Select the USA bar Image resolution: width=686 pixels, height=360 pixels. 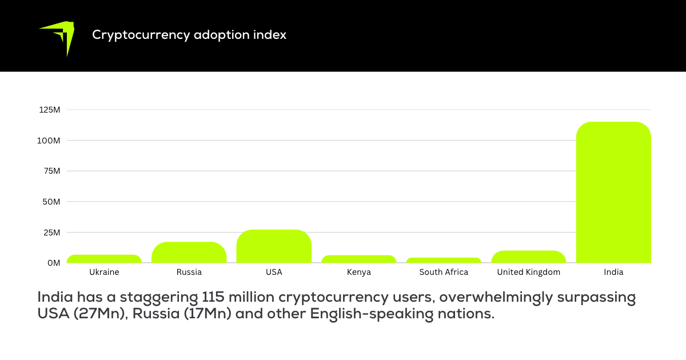point(274,246)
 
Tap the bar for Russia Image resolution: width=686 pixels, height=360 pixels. point(189,253)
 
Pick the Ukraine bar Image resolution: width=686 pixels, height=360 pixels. point(104,259)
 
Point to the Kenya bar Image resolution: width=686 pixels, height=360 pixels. point(358,259)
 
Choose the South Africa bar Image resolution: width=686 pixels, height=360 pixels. point(444,260)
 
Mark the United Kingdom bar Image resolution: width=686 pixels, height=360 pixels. point(528,257)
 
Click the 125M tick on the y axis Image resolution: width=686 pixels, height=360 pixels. point(50,110)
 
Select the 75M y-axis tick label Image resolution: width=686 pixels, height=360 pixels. point(51,171)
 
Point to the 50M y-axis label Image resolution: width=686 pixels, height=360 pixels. point(51,202)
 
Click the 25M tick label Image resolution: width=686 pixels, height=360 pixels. point(51,233)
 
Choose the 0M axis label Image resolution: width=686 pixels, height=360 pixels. point(54,263)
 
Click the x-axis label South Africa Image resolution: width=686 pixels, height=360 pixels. point(444,272)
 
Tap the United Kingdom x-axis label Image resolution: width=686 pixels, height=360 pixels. point(528,272)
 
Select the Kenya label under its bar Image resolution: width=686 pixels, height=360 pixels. point(358,272)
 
